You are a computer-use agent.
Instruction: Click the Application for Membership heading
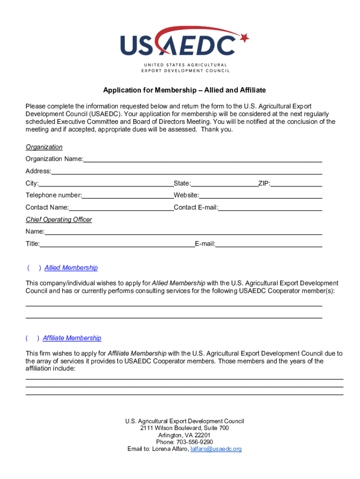(184, 90)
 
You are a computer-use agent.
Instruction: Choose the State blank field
(224, 183)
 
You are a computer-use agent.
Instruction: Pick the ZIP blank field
(296, 183)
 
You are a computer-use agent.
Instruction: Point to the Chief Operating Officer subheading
(59, 219)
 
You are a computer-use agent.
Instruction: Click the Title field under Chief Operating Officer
(117, 243)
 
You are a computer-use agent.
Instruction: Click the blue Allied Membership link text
(71, 268)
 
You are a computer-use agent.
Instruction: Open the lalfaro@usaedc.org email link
(216, 449)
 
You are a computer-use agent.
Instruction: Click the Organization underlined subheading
(44, 147)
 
